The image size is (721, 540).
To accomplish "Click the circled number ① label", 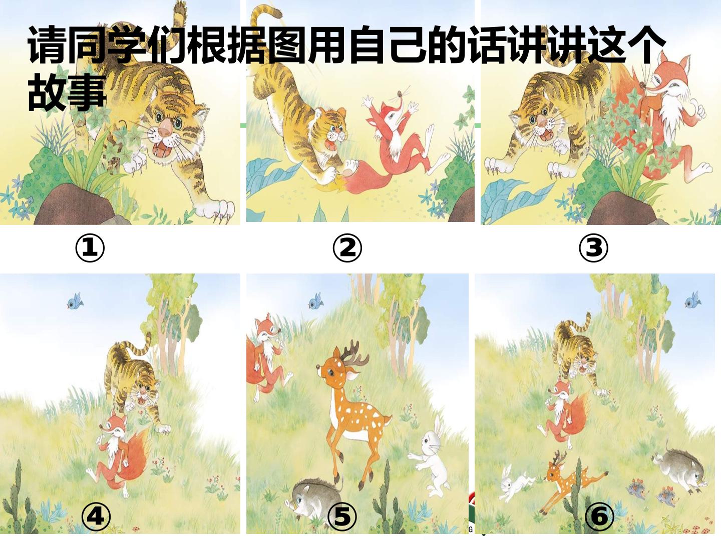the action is [90, 248].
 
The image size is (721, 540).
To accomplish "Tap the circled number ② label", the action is [347, 248].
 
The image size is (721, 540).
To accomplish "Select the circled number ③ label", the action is [593, 248].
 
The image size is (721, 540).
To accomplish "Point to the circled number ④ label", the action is [96, 517].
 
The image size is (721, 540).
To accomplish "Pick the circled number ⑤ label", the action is [342, 517].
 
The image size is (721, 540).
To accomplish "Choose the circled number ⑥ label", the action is [600, 517].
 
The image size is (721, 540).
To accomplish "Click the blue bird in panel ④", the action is [75, 301].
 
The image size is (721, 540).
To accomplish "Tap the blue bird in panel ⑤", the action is [316, 301].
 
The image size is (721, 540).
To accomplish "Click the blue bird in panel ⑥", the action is [692, 299].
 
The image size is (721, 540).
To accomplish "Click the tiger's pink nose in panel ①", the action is [165, 128].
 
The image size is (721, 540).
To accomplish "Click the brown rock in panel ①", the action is [75, 205].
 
